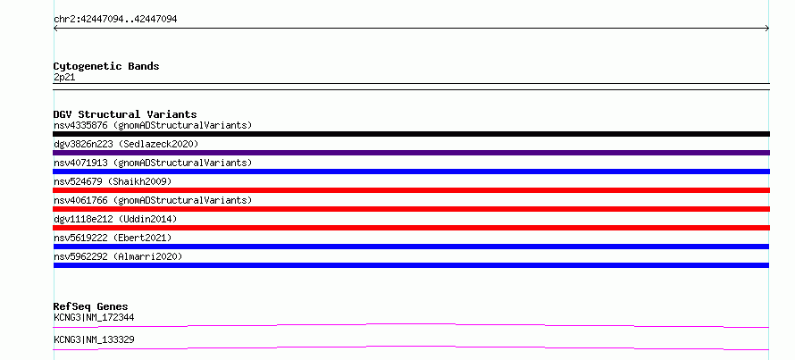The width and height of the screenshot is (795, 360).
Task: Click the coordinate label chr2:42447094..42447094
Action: [115, 20]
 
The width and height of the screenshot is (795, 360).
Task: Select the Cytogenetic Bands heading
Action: [106, 66]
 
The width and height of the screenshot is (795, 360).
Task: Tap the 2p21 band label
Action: [64, 78]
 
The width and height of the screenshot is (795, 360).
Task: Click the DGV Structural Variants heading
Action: [125, 114]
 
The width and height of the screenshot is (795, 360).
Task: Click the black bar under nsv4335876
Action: [411, 134]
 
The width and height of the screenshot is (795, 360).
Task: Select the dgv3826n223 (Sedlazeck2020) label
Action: [126, 144]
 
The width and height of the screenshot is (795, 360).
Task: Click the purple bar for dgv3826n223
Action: [411, 153]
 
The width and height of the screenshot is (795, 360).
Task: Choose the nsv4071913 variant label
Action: [153, 163]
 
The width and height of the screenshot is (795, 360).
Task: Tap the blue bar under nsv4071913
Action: [411, 172]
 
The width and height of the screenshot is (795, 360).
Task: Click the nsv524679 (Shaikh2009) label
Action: [113, 181]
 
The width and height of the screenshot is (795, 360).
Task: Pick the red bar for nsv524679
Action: [411, 190]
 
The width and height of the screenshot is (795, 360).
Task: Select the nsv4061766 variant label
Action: [153, 200]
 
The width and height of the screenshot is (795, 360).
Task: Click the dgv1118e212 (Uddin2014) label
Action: [115, 219]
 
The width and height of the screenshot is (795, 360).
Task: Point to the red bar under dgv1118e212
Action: [411, 228]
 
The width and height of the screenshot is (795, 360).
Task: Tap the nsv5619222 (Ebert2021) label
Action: [113, 238]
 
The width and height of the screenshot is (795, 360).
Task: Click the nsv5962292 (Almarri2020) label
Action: [118, 256]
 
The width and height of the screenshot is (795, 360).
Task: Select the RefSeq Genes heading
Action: [91, 306]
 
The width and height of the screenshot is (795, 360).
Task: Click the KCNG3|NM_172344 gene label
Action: [94, 317]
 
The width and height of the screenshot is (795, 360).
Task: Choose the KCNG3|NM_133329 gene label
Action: [94, 339]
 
